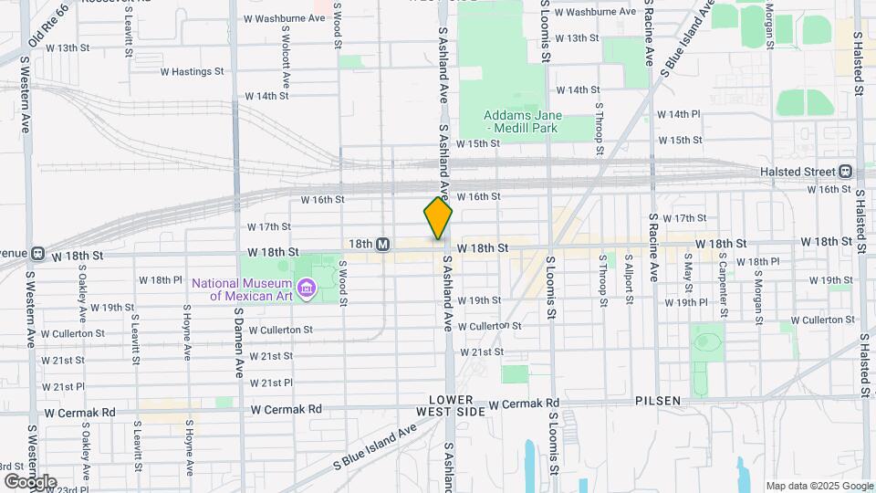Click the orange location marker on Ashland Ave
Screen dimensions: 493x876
pos(438,219)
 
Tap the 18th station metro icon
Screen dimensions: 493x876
pos(383,244)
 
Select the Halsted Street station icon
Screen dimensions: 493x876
pos(846,172)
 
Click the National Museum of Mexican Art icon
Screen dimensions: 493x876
pos(307,290)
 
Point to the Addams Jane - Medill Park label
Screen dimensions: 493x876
pos(523,122)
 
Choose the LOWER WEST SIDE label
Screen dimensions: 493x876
pos(451,407)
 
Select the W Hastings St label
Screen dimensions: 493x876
pos(192,71)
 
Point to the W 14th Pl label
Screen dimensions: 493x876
pos(677,114)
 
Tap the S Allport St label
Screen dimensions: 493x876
pos(628,274)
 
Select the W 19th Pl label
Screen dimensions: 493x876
pos(686,302)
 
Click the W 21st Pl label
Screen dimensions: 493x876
pos(270,383)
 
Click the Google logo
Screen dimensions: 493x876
pos(29,482)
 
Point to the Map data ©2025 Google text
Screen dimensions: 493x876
pos(819,486)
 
